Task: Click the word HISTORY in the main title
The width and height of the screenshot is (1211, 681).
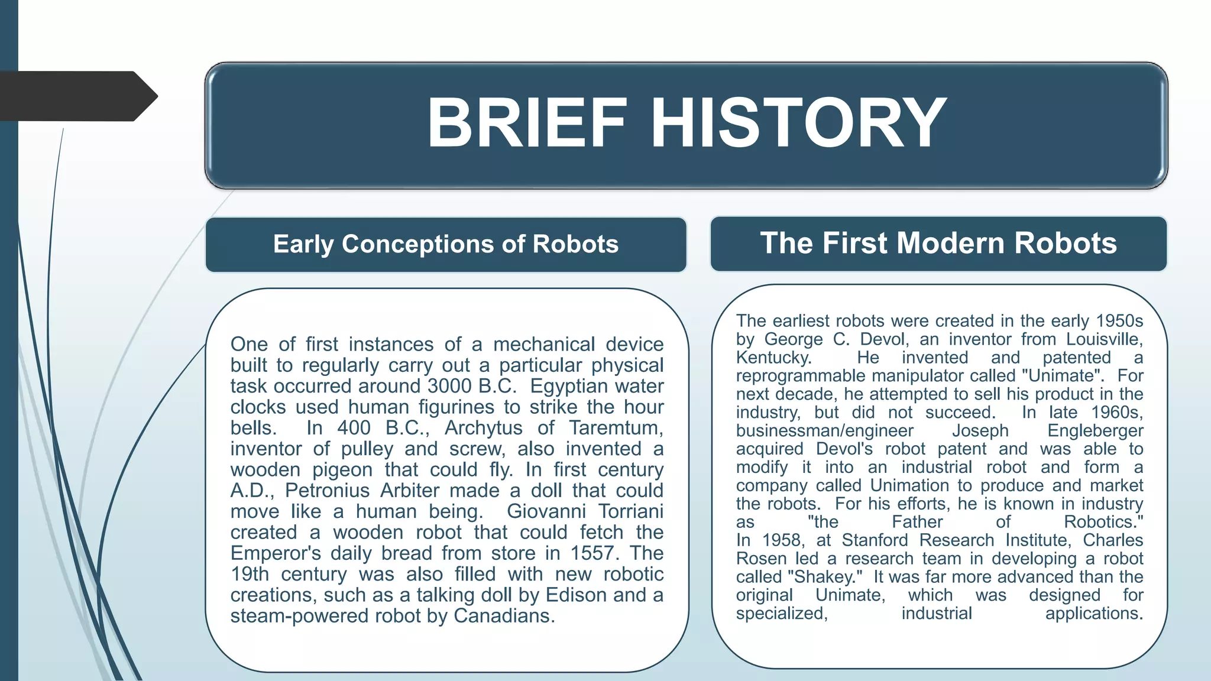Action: pyautogui.click(x=799, y=123)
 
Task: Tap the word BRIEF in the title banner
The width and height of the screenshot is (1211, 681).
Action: pyautogui.click(x=527, y=123)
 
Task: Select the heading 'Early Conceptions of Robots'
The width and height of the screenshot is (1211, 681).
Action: pyautogui.click(x=446, y=244)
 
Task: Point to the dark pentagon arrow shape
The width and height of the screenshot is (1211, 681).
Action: pyautogui.click(x=77, y=96)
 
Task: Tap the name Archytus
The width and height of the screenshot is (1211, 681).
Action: pyautogui.click(x=483, y=427)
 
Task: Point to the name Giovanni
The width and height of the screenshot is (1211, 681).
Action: pyautogui.click(x=546, y=511)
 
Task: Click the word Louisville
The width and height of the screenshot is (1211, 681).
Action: pyautogui.click(x=1103, y=339)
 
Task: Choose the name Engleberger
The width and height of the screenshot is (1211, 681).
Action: pyautogui.click(x=1095, y=431)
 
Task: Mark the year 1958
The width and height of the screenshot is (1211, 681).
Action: pyautogui.click(x=782, y=540)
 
